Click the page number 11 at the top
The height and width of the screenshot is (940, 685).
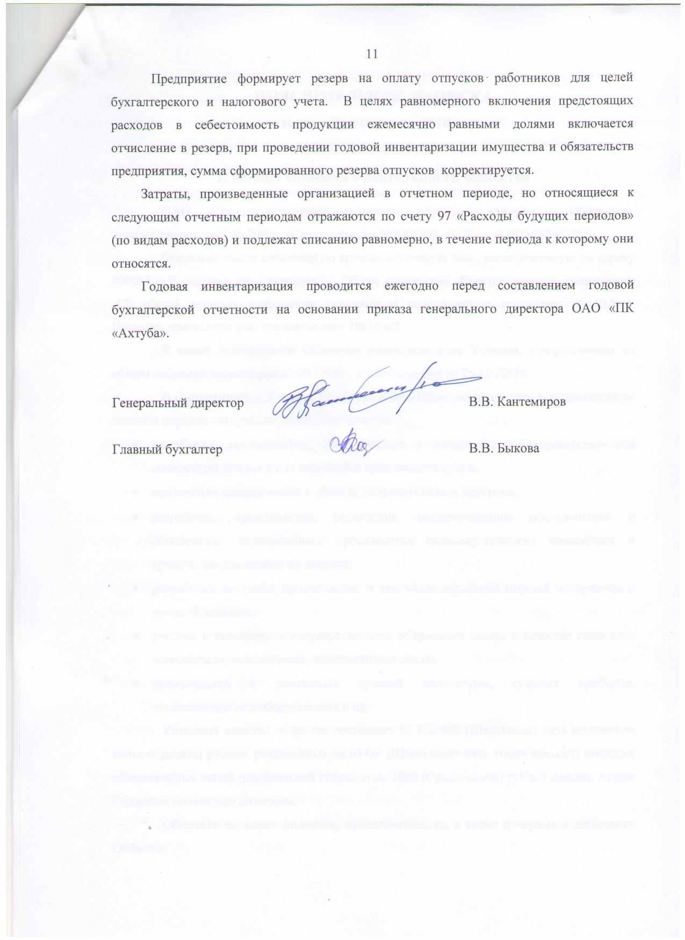371,53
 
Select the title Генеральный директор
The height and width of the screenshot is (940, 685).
178,402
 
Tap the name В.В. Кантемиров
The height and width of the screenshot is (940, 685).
517,402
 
